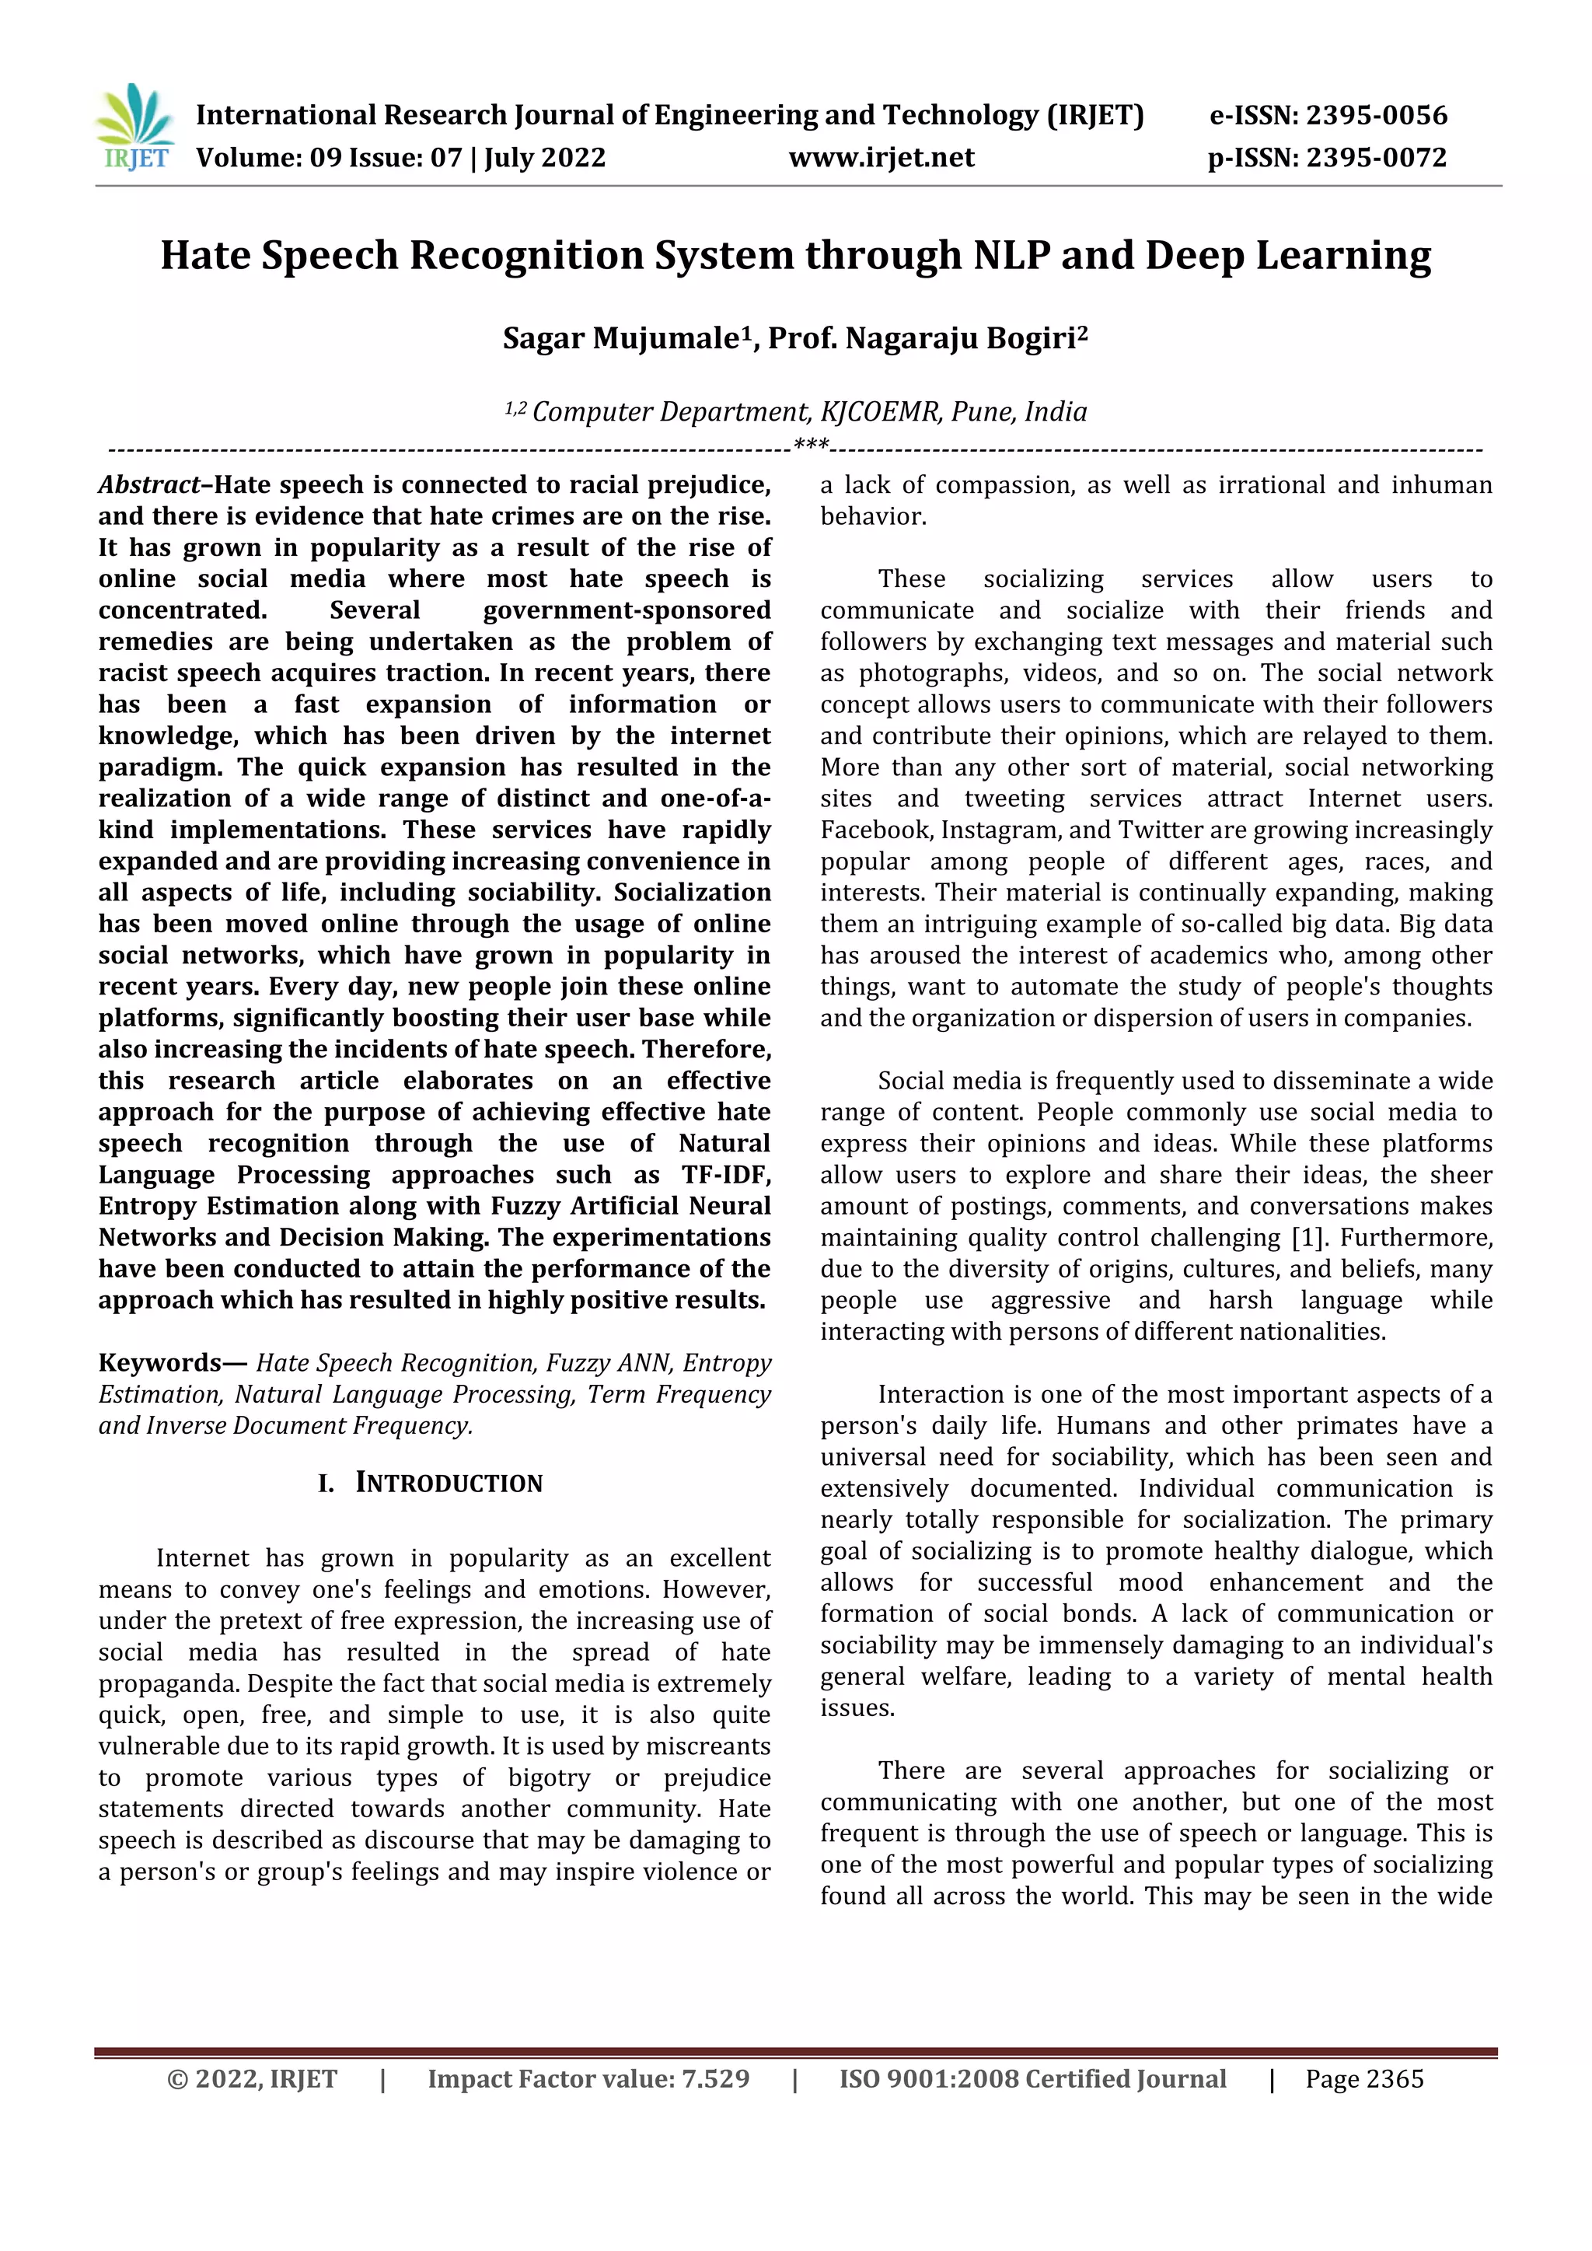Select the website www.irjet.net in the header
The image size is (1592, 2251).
point(882,158)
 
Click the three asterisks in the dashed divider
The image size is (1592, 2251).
point(811,446)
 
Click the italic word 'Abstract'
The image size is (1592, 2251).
point(149,485)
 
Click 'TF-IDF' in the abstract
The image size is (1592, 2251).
point(726,1175)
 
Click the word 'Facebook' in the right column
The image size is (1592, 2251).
point(876,830)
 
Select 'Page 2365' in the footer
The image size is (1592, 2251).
point(1363,2078)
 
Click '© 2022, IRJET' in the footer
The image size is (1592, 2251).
point(252,2078)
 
